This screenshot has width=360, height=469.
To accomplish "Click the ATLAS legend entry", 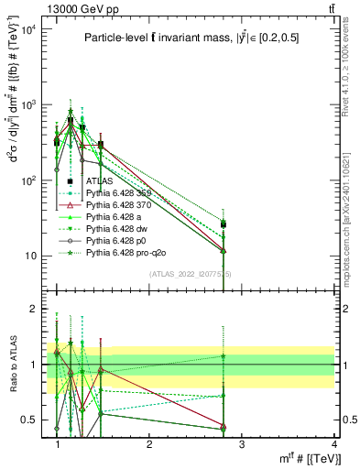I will (99, 182).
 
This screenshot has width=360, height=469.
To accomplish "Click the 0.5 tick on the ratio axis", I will (33, 420).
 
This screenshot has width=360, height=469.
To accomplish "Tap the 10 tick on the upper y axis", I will (31, 256).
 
